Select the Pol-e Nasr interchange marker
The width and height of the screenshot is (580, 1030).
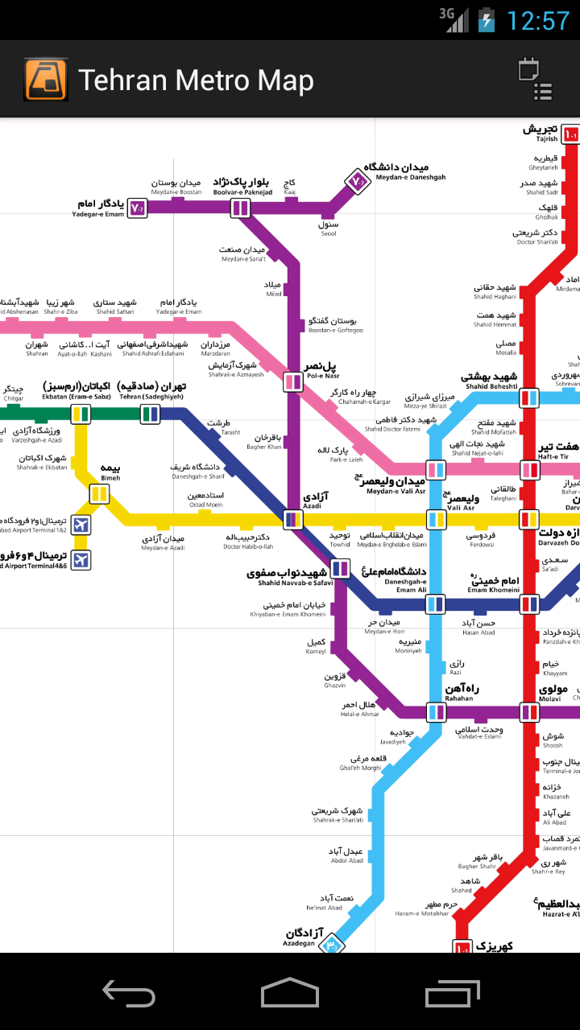pyautogui.click(x=292, y=382)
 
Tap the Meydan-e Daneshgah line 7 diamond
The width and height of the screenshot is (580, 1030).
pyautogui.click(x=357, y=183)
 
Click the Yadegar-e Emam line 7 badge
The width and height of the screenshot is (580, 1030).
pyautogui.click(x=137, y=209)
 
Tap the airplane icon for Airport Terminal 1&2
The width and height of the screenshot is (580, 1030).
pyautogui.click(x=80, y=525)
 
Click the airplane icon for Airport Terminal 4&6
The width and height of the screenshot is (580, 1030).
pyautogui.click(x=81, y=559)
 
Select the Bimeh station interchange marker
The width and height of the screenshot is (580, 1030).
pyautogui.click(x=99, y=494)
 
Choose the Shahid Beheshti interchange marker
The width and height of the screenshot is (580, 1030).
pyautogui.click(x=528, y=398)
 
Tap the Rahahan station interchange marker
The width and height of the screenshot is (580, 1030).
pyautogui.click(x=436, y=712)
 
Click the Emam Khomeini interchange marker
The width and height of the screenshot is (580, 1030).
pyautogui.click(x=529, y=603)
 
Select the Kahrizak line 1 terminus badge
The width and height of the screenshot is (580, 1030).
pyautogui.click(x=462, y=948)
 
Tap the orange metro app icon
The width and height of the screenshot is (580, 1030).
pyautogui.click(x=45, y=79)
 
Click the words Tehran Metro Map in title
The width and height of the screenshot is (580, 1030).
pyautogui.click(x=196, y=80)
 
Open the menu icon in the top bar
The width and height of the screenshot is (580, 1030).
pyautogui.click(x=535, y=79)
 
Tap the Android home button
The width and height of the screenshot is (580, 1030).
pyautogui.click(x=289, y=992)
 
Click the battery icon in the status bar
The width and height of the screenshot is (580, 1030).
pyautogui.click(x=486, y=20)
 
